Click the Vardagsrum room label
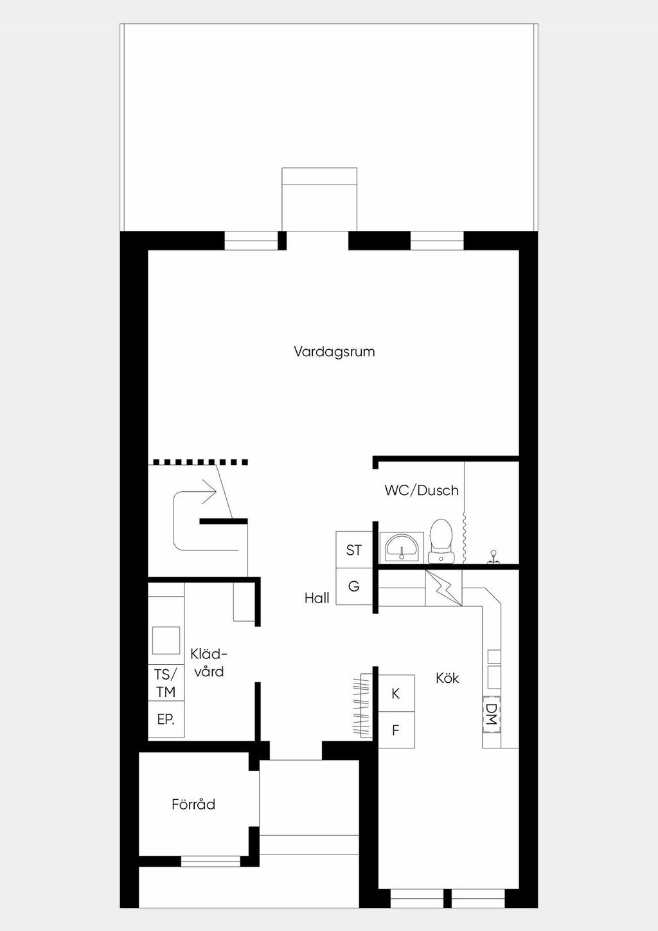(334, 352)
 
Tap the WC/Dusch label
(422, 491)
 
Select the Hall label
(317, 598)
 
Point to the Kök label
(447, 678)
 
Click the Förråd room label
(193, 804)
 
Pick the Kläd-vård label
(209, 662)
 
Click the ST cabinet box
(354, 550)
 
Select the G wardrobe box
(354, 586)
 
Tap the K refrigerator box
(396, 693)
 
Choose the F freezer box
(396, 730)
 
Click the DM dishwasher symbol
(492, 714)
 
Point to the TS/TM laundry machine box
(166, 683)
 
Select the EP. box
(166, 719)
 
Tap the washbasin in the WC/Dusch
(402, 547)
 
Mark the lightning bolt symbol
(443, 588)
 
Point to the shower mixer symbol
(493, 557)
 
